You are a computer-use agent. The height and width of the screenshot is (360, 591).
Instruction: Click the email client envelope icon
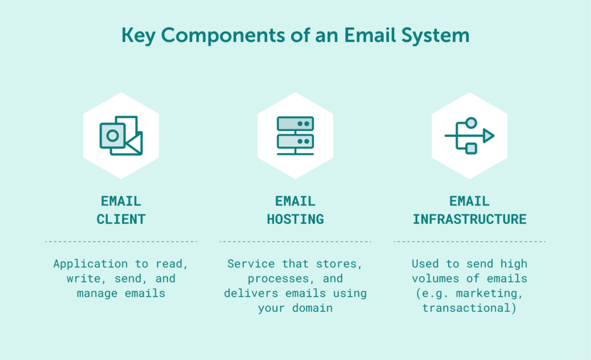[121, 136]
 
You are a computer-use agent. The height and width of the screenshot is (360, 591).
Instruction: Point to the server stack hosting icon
[295, 136]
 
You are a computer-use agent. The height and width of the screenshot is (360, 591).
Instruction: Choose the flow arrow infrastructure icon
[469, 136]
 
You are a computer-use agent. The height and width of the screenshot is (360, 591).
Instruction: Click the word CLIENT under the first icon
[121, 219]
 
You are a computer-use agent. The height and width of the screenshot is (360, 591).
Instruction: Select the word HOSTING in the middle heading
[295, 219]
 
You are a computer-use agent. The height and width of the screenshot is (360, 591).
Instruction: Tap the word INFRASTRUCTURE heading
[469, 219]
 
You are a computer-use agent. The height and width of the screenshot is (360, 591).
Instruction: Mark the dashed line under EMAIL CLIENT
[121, 242]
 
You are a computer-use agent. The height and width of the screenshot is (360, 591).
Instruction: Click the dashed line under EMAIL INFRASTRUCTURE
[469, 242]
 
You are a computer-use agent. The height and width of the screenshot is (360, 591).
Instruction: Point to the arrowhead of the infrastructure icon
[488, 136]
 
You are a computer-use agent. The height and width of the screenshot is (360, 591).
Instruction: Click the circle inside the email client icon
[113, 136]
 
